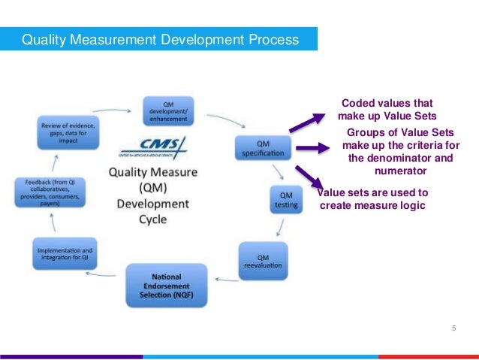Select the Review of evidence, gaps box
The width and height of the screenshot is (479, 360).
(x=64, y=135)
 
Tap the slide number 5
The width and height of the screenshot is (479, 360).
(x=453, y=328)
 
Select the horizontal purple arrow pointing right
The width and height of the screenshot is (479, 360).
(x=313, y=150)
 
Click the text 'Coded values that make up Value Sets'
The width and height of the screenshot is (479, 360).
(x=387, y=109)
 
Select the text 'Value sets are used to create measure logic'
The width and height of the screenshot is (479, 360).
(x=373, y=199)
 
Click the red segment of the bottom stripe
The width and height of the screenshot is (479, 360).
(x=428, y=356)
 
